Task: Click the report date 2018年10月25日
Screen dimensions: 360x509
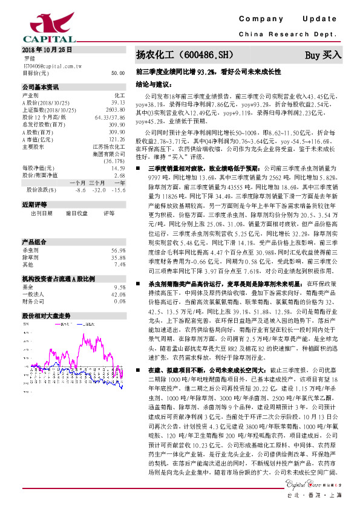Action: coord(47,48)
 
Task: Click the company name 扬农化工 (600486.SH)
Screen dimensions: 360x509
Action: coord(183,55)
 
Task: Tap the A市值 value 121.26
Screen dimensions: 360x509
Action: coord(117,140)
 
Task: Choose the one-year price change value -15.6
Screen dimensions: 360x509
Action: coord(119,190)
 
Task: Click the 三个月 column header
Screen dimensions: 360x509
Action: coord(97,182)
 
